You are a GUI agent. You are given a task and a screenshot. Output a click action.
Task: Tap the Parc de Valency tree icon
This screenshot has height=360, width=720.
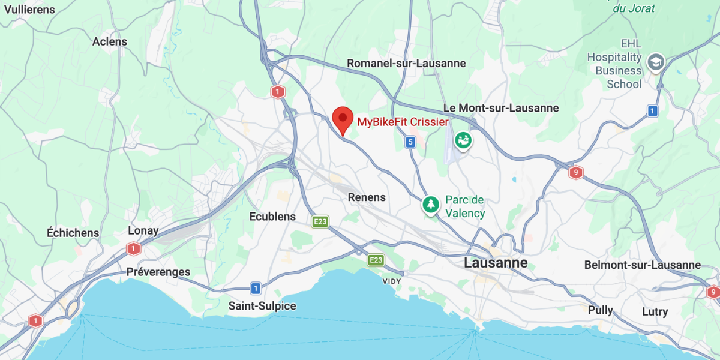click(430, 205)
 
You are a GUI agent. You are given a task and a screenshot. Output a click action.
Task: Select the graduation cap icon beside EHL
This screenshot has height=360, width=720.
click(655, 62)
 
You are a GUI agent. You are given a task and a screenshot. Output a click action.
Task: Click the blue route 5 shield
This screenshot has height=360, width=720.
click(410, 142)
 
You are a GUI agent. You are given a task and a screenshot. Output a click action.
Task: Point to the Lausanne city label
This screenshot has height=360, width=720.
click(496, 263)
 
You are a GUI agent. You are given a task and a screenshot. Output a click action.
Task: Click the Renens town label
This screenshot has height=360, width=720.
click(367, 197)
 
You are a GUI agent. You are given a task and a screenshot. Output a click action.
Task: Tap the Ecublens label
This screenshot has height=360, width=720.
click(272, 217)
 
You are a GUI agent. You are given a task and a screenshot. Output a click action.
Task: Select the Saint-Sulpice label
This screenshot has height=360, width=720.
click(262, 306)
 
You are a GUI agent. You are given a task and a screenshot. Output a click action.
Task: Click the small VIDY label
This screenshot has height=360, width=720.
click(392, 281)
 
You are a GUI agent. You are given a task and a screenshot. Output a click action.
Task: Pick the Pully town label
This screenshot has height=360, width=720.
click(600, 310)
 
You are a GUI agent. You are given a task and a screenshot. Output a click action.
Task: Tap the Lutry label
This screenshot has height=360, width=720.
click(655, 312)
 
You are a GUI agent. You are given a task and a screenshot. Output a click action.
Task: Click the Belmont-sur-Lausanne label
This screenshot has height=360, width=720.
click(643, 265)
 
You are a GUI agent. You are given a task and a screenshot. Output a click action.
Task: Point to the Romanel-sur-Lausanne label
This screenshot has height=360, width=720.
click(406, 64)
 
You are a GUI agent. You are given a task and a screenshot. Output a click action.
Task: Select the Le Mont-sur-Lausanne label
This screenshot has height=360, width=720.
click(500, 108)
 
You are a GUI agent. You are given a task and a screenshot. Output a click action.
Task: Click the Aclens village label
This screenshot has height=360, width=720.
click(110, 41)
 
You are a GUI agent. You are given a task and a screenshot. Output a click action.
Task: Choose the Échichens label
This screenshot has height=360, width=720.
click(73, 233)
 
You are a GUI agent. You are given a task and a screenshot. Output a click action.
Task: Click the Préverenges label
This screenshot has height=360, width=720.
click(158, 272)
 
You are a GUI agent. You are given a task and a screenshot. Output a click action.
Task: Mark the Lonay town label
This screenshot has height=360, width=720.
click(143, 230)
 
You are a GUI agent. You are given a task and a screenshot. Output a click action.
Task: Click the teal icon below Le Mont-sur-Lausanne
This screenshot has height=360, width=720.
click(463, 141)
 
